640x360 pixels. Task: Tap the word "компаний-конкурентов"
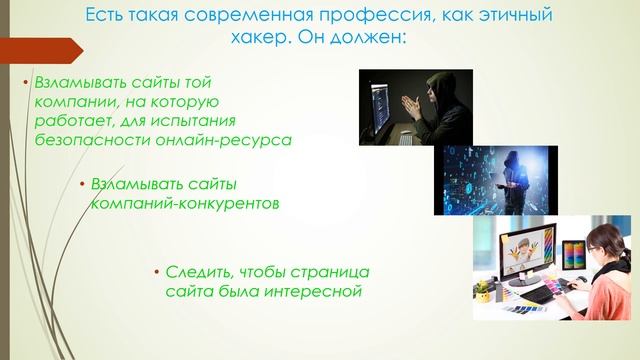[x=184, y=203]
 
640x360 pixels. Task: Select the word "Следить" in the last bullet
[x=197, y=273]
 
